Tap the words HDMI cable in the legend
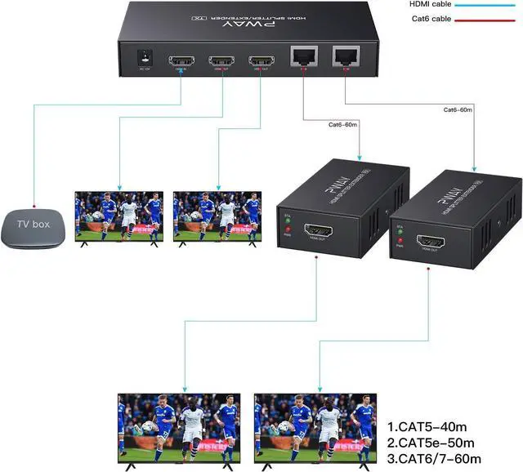(x=429, y=4)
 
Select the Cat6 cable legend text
(x=427, y=19)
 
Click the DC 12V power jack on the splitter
(x=146, y=58)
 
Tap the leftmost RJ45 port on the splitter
(x=302, y=58)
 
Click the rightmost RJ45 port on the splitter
(x=344, y=57)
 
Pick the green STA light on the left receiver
(x=287, y=220)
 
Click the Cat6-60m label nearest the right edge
(x=461, y=109)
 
